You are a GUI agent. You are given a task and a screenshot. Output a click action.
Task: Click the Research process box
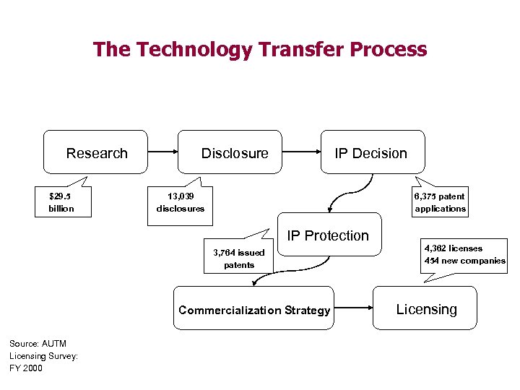(x=96, y=152)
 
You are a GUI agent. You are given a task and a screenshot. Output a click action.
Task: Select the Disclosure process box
(x=234, y=152)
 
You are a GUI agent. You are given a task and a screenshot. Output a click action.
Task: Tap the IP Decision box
(x=370, y=152)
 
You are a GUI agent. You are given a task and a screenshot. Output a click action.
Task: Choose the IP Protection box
(x=329, y=235)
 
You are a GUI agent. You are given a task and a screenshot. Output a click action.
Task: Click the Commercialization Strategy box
(x=254, y=309)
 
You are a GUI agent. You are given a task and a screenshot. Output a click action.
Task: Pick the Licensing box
(x=426, y=308)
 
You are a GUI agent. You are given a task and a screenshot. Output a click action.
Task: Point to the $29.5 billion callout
(x=61, y=202)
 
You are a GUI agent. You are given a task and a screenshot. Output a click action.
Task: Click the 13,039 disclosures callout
(x=180, y=202)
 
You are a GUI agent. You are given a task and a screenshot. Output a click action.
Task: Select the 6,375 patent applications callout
(x=440, y=202)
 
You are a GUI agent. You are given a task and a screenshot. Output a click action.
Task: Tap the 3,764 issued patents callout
(x=239, y=259)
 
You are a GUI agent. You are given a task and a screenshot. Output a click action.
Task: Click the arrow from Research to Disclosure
(x=163, y=152)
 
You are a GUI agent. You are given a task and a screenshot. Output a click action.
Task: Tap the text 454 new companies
(x=465, y=261)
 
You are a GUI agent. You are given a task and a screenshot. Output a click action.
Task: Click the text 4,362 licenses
(x=454, y=248)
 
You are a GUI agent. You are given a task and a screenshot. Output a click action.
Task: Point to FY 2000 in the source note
(x=26, y=368)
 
